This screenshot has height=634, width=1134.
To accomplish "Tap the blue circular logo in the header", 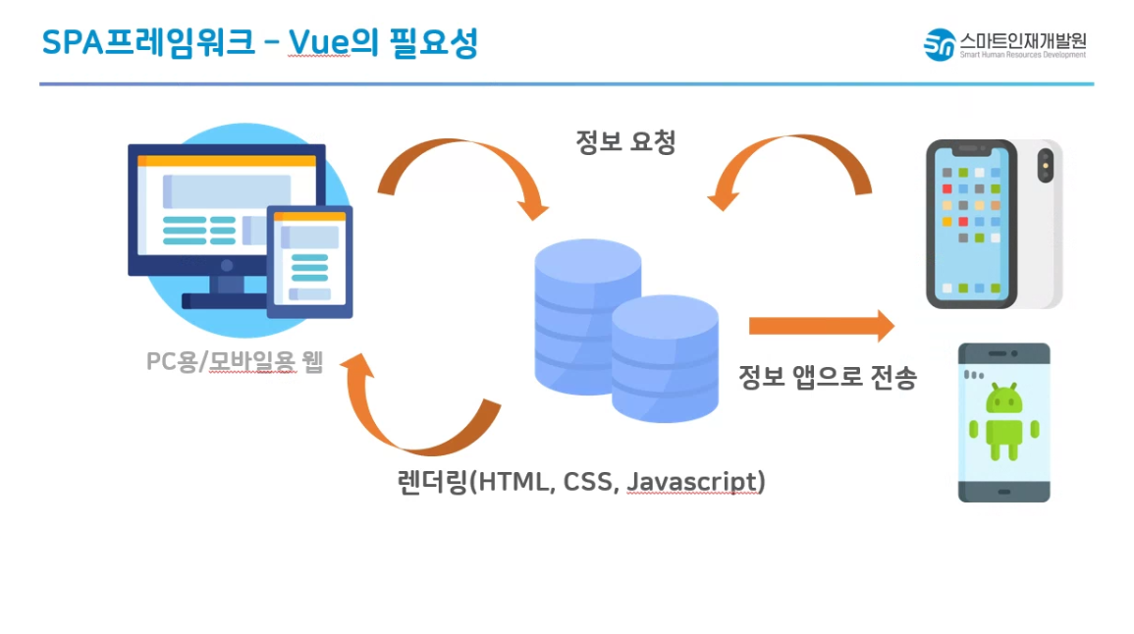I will (x=940, y=44).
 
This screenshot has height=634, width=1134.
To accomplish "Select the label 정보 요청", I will (x=625, y=142).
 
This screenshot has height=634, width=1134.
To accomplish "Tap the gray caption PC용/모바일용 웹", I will (x=234, y=362).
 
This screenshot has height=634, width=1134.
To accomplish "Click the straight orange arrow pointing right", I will (x=821, y=326).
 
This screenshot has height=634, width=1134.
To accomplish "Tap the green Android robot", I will (x=1003, y=422).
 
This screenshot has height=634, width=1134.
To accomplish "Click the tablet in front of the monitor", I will (x=309, y=261).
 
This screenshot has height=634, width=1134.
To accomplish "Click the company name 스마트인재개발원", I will (x=1023, y=40).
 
